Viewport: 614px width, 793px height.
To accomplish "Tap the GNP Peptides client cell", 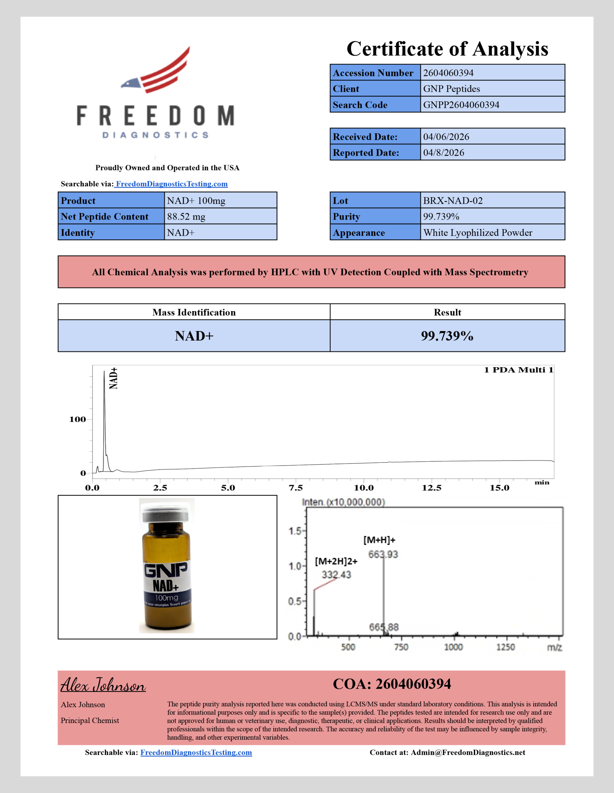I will [x=451, y=89].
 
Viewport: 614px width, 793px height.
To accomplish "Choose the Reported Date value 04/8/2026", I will [x=443, y=152].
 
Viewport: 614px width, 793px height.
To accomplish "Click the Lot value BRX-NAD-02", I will [x=453, y=200].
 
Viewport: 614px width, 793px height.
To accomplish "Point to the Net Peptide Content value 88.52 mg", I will [x=186, y=217].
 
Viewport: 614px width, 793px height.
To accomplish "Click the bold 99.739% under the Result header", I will [x=447, y=336].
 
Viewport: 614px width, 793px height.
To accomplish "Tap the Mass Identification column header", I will [x=194, y=312].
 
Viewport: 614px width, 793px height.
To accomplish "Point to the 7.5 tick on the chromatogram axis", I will [x=296, y=488].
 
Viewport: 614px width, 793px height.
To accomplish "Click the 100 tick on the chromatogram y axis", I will [x=77, y=419].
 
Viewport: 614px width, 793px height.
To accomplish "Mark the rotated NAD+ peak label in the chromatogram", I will [x=114, y=378].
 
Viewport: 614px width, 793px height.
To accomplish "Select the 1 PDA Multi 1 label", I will [x=518, y=370].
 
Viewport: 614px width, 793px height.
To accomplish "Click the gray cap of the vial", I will [x=166, y=512].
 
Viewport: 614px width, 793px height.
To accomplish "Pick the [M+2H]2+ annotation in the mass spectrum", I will [x=336, y=561].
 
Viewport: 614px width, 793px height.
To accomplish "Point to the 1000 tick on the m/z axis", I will [x=454, y=647].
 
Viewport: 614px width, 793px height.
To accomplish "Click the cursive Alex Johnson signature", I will [x=103, y=685].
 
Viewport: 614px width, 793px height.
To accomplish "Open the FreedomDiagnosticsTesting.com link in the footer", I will [x=196, y=752].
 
